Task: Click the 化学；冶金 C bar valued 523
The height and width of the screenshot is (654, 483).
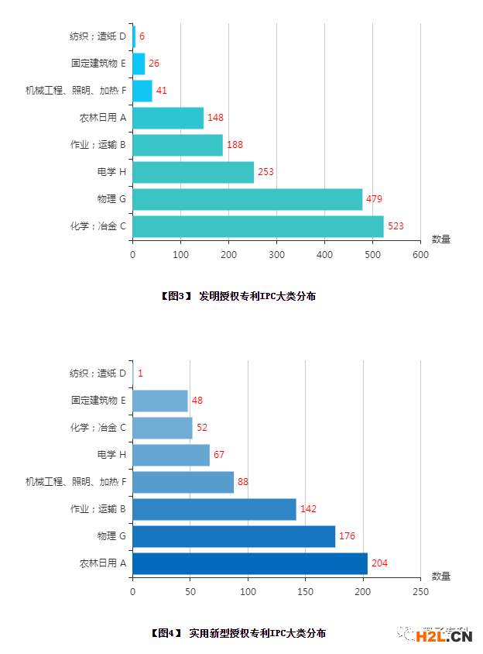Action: tap(258, 226)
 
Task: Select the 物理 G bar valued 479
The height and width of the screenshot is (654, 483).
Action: tap(247, 199)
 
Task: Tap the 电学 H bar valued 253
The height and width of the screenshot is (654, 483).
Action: tap(193, 172)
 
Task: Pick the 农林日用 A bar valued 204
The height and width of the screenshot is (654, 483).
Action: tap(249, 563)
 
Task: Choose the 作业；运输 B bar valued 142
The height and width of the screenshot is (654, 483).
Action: tap(214, 509)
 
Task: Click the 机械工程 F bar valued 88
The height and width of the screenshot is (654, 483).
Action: tap(183, 482)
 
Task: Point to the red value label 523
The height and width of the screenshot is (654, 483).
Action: tap(396, 226)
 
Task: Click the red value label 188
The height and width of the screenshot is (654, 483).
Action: tap(235, 145)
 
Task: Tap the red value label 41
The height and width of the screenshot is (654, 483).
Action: tap(162, 91)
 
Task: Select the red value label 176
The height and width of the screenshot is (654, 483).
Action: tap(347, 536)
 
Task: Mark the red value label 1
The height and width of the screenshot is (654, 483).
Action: tap(140, 373)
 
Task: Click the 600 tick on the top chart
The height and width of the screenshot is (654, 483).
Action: tap(420, 254)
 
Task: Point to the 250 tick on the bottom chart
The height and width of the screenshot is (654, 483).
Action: tap(420, 591)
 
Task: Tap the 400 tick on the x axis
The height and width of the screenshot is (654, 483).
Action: tap(324, 254)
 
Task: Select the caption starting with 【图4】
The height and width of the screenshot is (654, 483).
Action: tap(238, 633)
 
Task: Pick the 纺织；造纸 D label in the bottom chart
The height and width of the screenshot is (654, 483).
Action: tap(98, 373)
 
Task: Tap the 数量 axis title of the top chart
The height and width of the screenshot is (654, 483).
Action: tap(441, 239)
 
